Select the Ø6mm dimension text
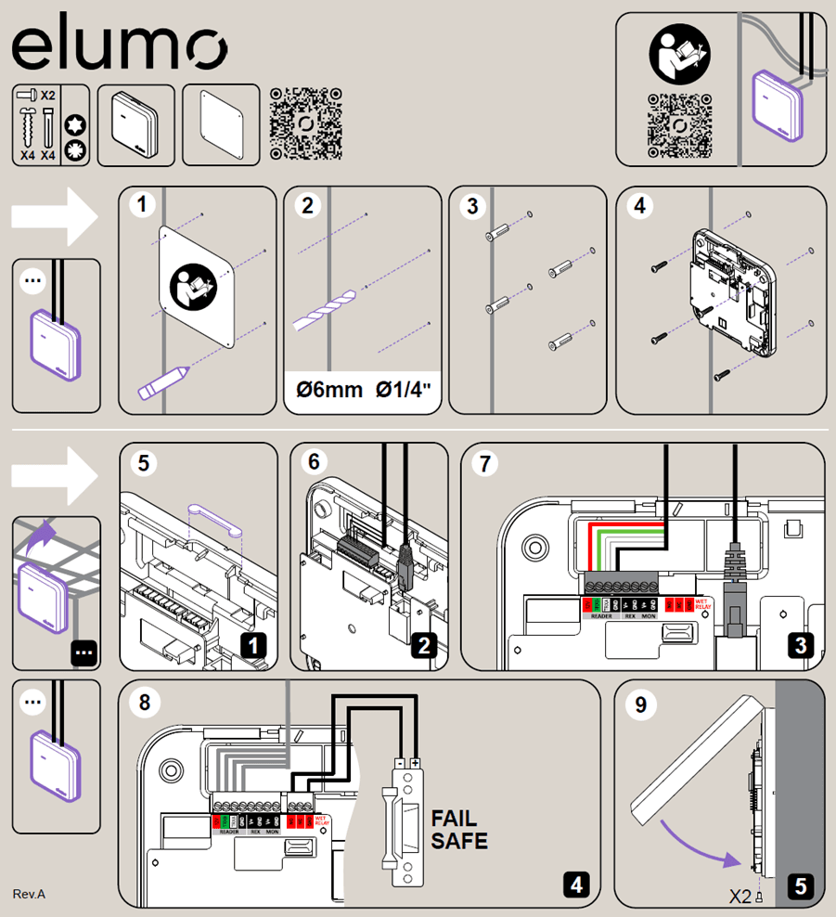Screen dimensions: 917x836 click(324, 389)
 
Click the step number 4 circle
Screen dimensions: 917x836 click(638, 207)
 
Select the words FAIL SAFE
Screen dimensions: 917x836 click(459, 830)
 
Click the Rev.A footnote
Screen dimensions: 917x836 click(29, 894)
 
